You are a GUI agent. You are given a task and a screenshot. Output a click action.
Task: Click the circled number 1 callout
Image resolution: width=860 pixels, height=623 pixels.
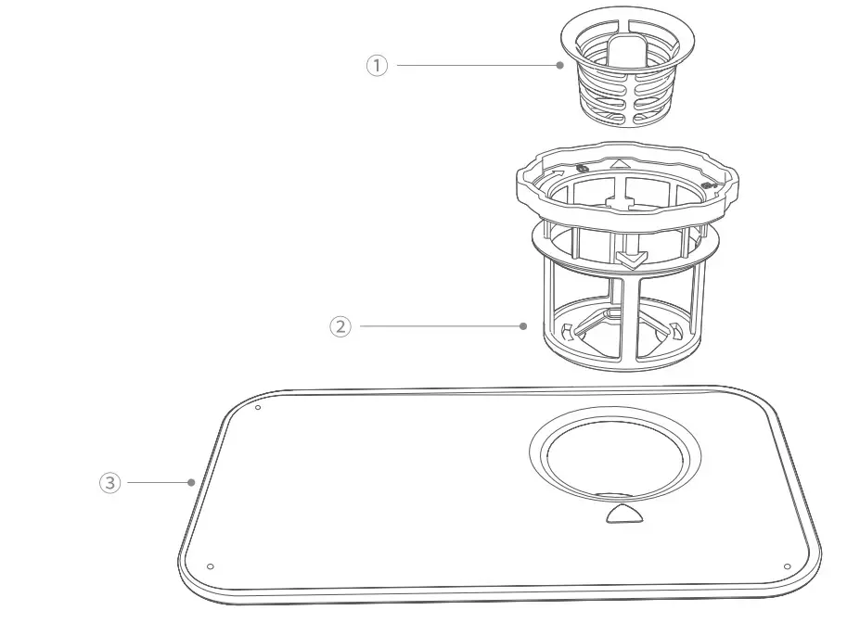pyautogui.click(x=377, y=66)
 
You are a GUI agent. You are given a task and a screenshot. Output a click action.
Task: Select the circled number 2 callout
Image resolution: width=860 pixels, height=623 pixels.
pyautogui.click(x=340, y=326)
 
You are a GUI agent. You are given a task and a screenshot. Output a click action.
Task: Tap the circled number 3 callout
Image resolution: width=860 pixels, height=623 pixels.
pyautogui.click(x=109, y=483)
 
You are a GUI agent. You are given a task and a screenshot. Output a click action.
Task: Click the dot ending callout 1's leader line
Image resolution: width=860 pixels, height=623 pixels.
pyautogui.click(x=559, y=65)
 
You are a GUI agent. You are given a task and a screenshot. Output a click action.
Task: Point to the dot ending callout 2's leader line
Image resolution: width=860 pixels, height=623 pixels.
pyautogui.click(x=523, y=326)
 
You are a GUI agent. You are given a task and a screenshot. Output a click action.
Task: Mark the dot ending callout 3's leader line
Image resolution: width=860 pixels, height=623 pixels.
pyautogui.click(x=190, y=482)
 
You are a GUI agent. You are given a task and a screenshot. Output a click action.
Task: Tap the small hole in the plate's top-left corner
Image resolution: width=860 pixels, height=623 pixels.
pyautogui.click(x=258, y=407)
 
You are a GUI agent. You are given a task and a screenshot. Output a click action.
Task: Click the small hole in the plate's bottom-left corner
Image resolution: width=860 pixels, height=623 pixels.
pyautogui.click(x=211, y=566)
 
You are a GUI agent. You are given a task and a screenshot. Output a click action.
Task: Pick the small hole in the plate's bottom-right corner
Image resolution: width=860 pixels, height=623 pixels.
pyautogui.click(x=787, y=566)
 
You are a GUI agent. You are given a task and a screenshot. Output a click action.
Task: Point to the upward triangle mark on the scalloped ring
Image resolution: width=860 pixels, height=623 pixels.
pyautogui.click(x=620, y=163)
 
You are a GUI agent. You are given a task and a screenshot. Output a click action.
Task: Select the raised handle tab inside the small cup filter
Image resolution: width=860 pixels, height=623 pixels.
pyautogui.click(x=627, y=53)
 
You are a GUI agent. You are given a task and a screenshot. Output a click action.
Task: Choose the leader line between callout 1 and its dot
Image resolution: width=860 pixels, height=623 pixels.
pyautogui.click(x=473, y=65)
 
